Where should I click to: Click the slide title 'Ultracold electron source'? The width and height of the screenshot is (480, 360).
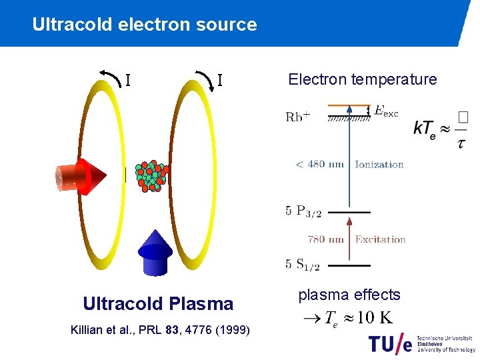click(x=144, y=25)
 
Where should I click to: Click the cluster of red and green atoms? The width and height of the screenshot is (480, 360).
click(x=151, y=176)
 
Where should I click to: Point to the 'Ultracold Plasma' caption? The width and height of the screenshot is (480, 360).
click(x=158, y=304)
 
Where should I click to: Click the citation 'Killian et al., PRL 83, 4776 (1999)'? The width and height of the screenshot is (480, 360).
click(x=160, y=330)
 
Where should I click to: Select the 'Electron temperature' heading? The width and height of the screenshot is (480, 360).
click(x=362, y=80)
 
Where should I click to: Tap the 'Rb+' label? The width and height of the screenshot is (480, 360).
click(x=298, y=116)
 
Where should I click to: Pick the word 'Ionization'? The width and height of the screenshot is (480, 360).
click(x=379, y=165)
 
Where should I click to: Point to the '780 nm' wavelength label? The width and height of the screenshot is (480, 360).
click(x=326, y=239)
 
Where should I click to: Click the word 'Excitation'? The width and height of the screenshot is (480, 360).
click(x=380, y=239)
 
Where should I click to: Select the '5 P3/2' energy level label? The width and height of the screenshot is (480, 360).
click(x=303, y=211)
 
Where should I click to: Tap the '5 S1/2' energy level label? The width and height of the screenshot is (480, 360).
click(x=303, y=265)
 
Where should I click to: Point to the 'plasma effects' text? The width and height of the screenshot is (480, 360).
click(x=349, y=295)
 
